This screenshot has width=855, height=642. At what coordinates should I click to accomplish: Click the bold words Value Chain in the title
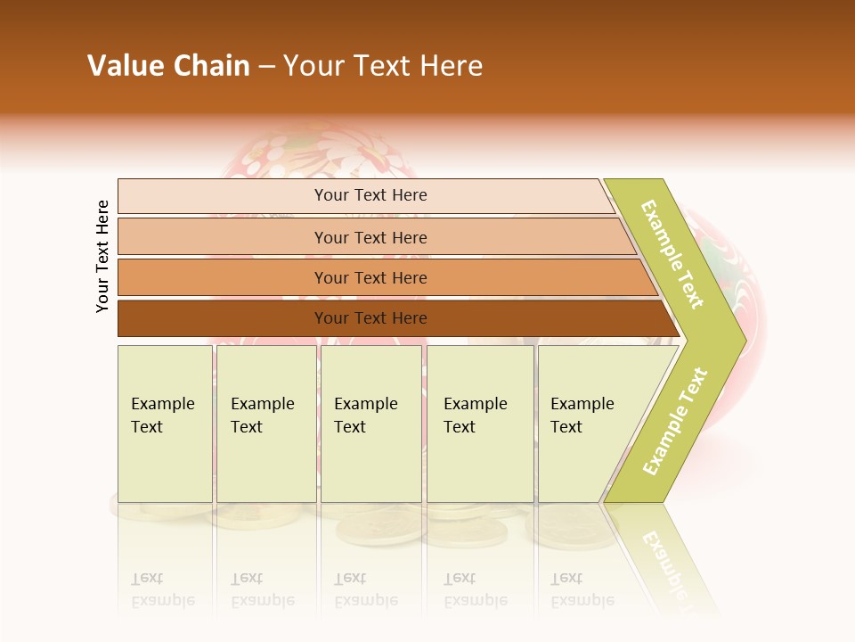tap(168, 66)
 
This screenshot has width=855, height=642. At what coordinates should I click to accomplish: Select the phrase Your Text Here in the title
tap(383, 66)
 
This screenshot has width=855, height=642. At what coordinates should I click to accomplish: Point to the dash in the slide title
tap(266, 67)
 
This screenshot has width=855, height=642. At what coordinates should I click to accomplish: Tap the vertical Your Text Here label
tap(102, 256)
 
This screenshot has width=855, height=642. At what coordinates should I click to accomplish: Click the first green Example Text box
tap(165, 424)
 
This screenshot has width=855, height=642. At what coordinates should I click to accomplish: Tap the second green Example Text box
tap(265, 424)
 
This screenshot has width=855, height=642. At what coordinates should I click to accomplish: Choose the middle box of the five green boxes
tap(370, 424)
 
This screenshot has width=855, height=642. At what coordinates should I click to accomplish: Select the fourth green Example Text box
tap(480, 424)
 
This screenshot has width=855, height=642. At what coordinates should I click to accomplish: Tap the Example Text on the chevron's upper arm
tap(672, 254)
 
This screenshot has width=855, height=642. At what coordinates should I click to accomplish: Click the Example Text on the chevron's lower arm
tap(675, 421)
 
